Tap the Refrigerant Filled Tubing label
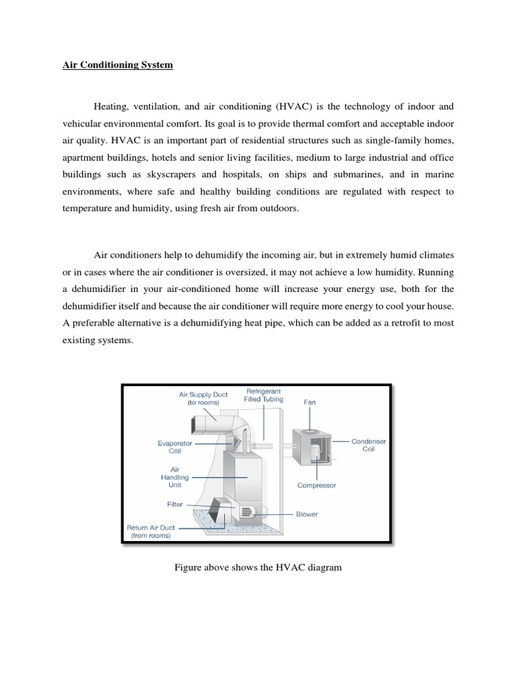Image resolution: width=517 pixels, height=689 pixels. coord(263,395)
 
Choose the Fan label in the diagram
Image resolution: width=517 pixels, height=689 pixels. coord(310,402)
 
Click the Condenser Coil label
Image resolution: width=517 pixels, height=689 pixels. coord(368,445)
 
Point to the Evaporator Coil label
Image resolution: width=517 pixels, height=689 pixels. coord(174,447)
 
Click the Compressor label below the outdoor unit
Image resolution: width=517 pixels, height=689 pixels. coord(316,484)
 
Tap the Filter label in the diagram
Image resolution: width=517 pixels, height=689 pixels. coord(175,503)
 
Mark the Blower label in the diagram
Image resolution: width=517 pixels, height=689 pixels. coord(307,514)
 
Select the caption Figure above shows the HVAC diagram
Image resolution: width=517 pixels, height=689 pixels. coord(258,567)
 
